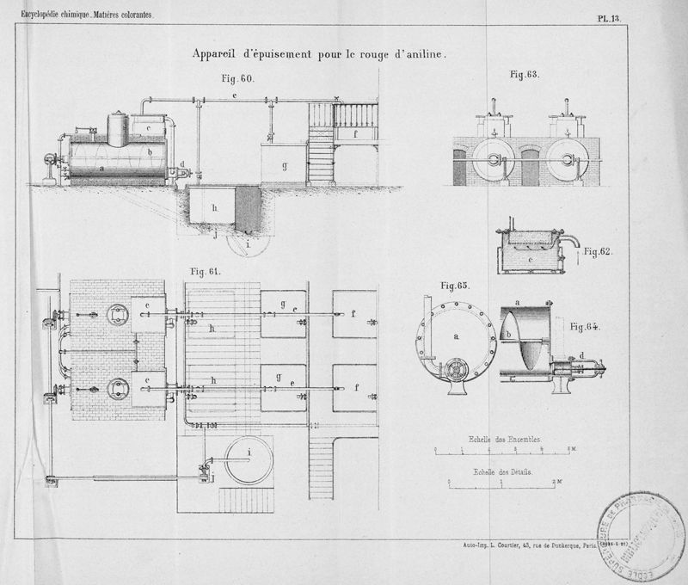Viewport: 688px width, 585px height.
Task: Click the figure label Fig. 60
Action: tap(236, 78)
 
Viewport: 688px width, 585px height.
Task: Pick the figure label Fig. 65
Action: tap(453, 285)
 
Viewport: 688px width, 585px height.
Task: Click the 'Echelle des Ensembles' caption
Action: tap(506, 439)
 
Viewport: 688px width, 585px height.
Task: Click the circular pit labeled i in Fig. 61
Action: tap(249, 461)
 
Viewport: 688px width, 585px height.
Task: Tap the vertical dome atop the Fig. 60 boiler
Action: tap(118, 129)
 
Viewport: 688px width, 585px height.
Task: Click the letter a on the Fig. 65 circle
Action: tap(458, 336)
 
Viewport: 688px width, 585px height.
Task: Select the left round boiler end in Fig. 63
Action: tap(493, 161)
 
